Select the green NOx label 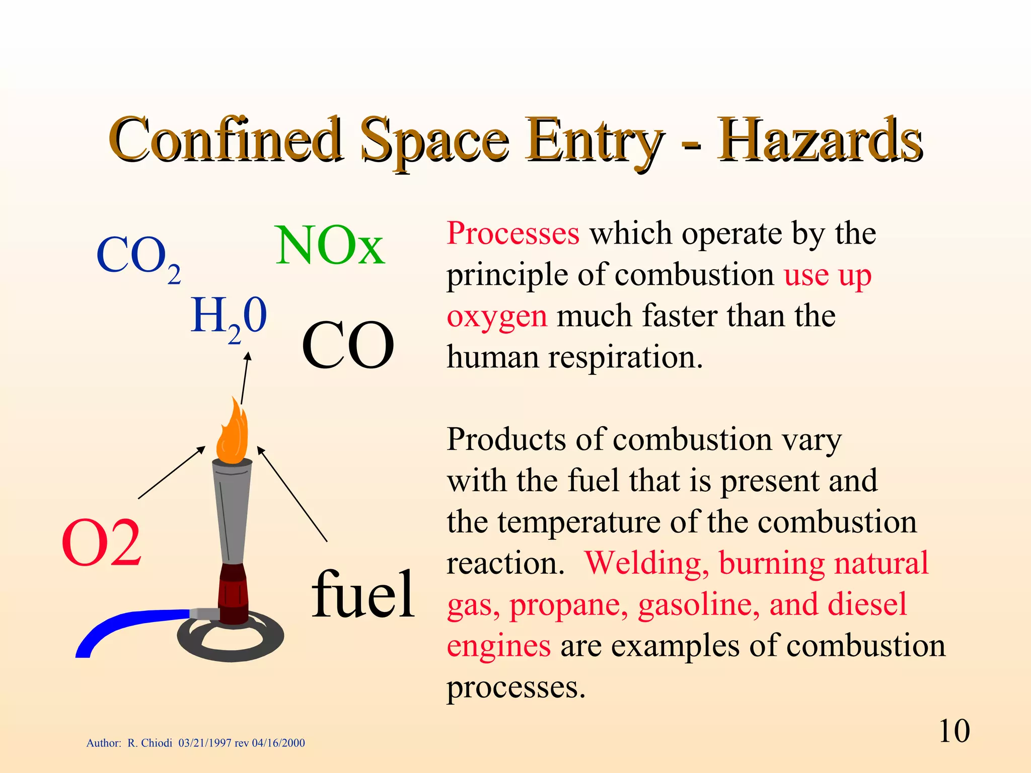tap(330, 246)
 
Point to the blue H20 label tap(229, 318)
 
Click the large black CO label tap(347, 346)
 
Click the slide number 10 tap(954, 731)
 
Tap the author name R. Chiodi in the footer tap(150, 743)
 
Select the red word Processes tap(513, 234)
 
